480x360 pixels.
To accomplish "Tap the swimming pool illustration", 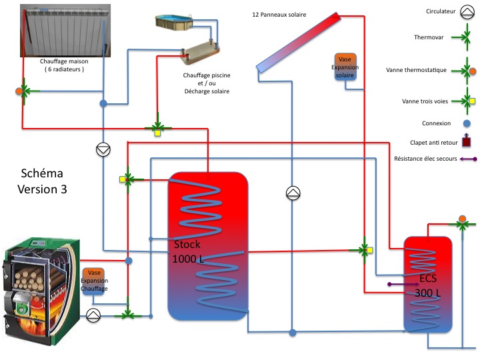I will (x=173, y=22).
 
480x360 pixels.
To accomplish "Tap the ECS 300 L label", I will (x=427, y=285).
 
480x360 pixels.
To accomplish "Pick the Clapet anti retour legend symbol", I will (x=467, y=141).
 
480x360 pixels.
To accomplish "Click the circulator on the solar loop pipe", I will (x=293, y=193).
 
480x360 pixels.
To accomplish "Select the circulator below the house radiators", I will (x=103, y=150).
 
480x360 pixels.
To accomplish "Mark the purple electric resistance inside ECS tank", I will (x=405, y=284).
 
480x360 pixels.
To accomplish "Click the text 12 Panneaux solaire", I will (x=279, y=14).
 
